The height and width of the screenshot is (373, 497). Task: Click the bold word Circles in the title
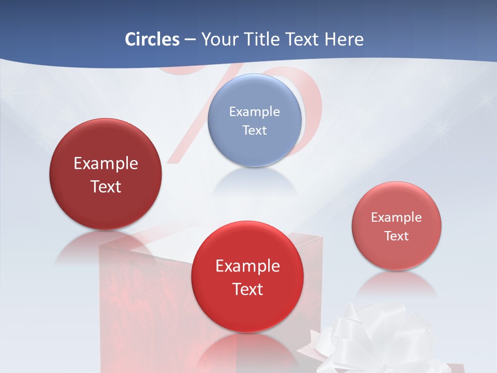tap(152, 39)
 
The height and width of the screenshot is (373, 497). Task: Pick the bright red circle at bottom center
tap(247, 311)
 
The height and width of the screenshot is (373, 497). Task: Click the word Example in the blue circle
tap(254, 111)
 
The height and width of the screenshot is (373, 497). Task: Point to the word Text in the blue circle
tap(254, 130)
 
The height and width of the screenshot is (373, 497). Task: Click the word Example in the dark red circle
tap(106, 164)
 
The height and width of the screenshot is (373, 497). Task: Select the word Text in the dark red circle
tap(106, 187)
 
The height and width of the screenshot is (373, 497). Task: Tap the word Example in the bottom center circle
tap(247, 266)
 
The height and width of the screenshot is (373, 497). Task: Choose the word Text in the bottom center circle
tap(247, 289)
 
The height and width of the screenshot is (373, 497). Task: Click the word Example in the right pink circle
tap(397, 218)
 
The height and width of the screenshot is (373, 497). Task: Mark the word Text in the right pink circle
tap(397, 236)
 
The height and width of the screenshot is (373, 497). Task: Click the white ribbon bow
tap(373, 337)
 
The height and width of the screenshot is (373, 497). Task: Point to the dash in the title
tap(190, 39)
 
